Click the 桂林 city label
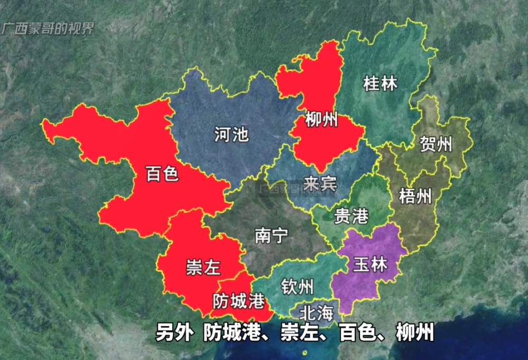point(380,83)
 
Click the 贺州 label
point(436,144)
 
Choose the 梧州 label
point(415,197)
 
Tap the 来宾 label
point(320,184)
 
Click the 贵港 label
point(351,216)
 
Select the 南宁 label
point(271,235)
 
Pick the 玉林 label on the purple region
point(370,264)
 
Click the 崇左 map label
point(203,268)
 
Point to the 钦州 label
point(297,287)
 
